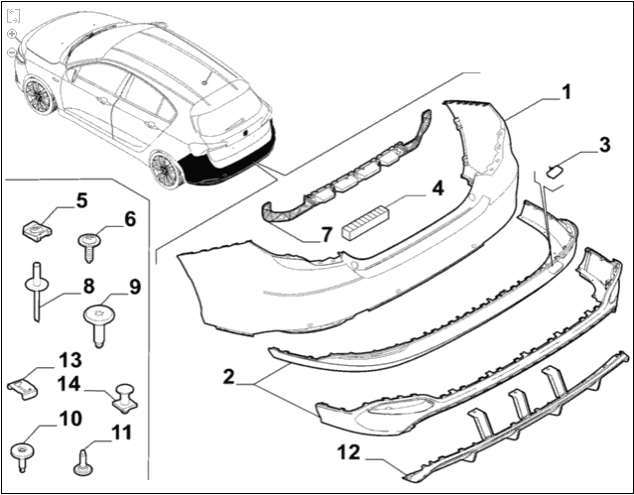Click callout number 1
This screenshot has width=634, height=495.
pyautogui.click(x=566, y=93)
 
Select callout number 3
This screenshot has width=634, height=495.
pyautogui.click(x=603, y=148)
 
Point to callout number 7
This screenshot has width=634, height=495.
pyautogui.click(x=324, y=235)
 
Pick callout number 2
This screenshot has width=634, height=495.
pyautogui.click(x=227, y=377)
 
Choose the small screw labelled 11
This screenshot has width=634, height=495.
pyautogui.click(x=82, y=462)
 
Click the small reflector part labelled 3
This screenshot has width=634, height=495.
pyautogui.click(x=556, y=170)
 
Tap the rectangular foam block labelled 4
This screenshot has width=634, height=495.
pyautogui.click(x=367, y=221)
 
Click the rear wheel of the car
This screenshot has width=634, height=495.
pyautogui.click(x=166, y=168)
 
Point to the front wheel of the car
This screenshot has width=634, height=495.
pyautogui.click(x=41, y=95)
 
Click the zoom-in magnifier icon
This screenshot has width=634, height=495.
pyautogui.click(x=12, y=34)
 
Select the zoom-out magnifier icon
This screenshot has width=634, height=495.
pyautogui.click(x=12, y=52)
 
